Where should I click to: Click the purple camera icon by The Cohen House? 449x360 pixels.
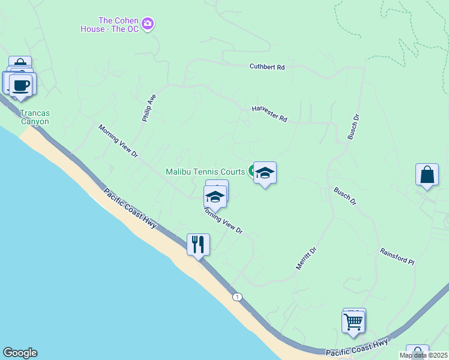coord(148,24)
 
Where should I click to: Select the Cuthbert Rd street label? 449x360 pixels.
coord(267,67)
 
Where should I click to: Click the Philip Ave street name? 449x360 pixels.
coord(149,108)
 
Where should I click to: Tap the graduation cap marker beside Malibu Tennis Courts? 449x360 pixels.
coord(264,173)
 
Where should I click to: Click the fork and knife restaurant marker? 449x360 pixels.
coord(198,245)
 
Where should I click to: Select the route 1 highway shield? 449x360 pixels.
coord(238,297)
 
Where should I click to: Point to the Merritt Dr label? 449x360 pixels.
coord(306,258)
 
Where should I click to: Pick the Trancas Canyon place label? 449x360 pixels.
coord(34,117)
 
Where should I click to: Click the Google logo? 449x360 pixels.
coord(20,353)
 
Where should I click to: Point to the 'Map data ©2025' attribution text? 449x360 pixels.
coord(423,355)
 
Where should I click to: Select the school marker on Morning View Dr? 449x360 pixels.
coord(215,196)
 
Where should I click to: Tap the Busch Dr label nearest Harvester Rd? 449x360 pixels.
coord(353,127)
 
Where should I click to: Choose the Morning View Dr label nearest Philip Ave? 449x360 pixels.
coord(118,141)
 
